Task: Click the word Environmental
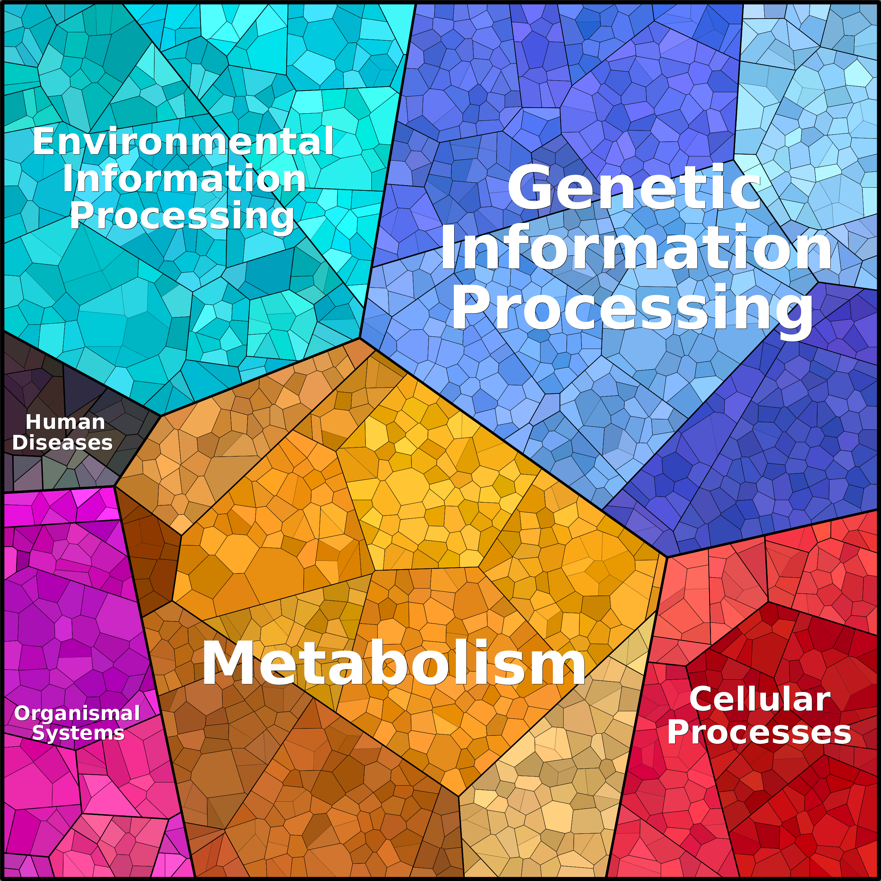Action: click(183, 141)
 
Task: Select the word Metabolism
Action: click(394, 662)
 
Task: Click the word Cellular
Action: click(760, 699)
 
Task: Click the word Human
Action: click(65, 422)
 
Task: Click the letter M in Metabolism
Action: click(226, 662)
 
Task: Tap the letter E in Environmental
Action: click(44, 141)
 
